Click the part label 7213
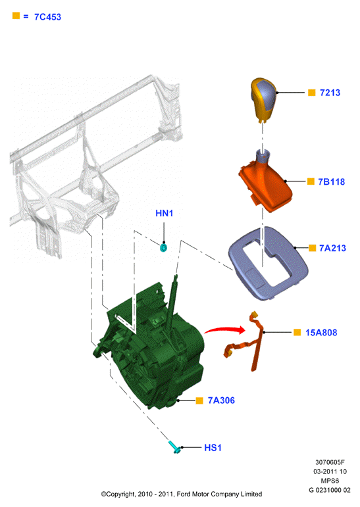[x=330, y=93]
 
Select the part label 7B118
[x=331, y=181]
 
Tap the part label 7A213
[x=332, y=248]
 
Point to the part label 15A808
[x=321, y=332]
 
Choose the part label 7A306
[x=221, y=400]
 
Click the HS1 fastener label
[x=213, y=448]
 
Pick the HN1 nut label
[x=164, y=213]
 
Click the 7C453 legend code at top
[x=47, y=17]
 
